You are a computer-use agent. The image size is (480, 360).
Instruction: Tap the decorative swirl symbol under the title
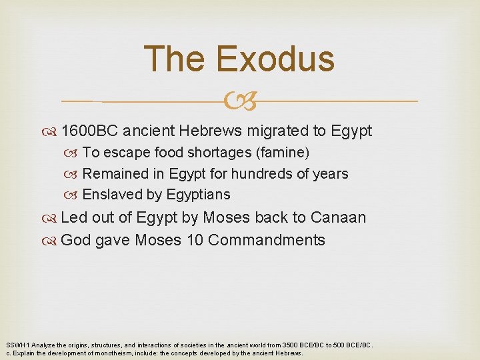coord(240,101)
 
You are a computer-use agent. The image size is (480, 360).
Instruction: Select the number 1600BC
coord(89,131)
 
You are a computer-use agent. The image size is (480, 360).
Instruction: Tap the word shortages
coord(218,153)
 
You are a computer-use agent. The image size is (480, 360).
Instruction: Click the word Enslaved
coord(110,195)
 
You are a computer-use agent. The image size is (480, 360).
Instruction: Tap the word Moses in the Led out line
coord(226,217)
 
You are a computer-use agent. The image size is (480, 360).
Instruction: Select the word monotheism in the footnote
coord(85,353)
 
